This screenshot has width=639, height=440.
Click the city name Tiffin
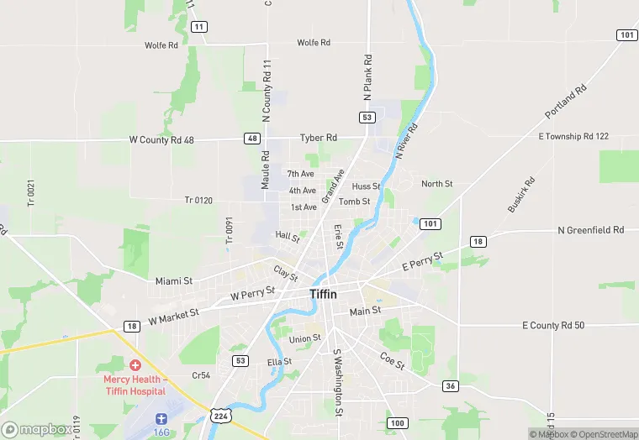click(324, 294)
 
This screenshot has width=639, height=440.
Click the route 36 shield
click(452, 385)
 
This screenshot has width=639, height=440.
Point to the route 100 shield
click(397, 422)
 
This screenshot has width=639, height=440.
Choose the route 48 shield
click(252, 139)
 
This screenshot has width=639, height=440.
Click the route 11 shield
click(199, 27)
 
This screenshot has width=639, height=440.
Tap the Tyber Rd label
click(319, 138)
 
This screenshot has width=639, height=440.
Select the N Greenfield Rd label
click(591, 229)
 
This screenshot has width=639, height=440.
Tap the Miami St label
click(174, 280)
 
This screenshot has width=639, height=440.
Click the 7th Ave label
click(300, 174)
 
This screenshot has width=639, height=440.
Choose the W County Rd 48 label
click(161, 140)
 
